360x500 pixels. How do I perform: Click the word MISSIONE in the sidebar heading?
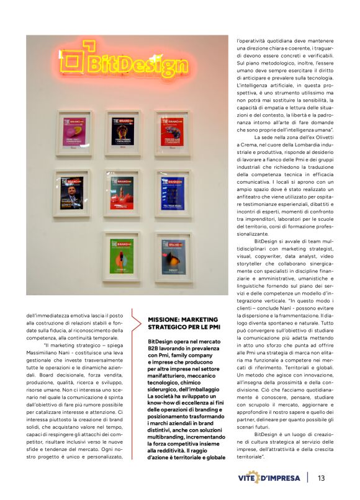click(x=166, y=320)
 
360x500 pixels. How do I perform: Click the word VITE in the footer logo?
click(x=251, y=478)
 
